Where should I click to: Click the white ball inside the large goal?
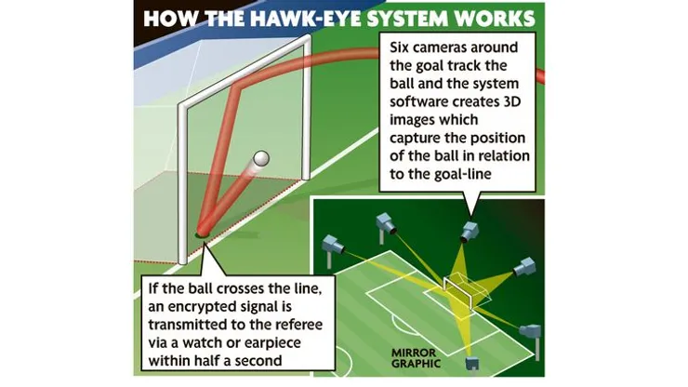[x=263, y=159]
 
